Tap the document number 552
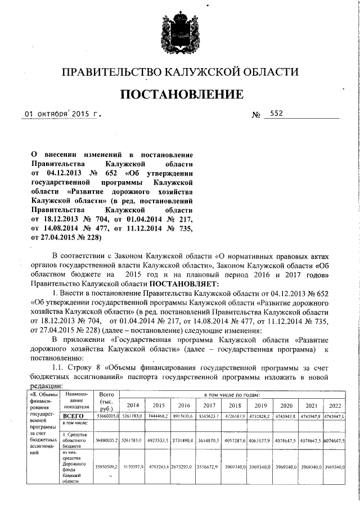[276, 113]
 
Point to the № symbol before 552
[256, 115]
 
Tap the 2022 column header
[335, 405]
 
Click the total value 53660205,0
[106, 417]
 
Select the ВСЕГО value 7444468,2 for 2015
[157, 417]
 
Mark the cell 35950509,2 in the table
[106, 466]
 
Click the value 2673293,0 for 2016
[183, 466]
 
